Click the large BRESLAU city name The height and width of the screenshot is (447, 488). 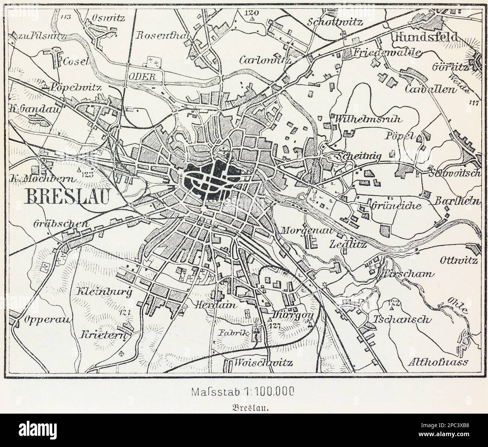[66, 196]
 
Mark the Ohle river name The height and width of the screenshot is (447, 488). [457, 306]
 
